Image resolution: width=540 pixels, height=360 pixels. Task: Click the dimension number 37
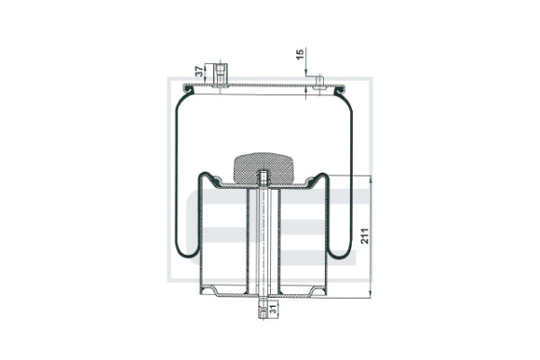point(199,71)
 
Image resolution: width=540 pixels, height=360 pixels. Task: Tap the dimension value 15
point(301,54)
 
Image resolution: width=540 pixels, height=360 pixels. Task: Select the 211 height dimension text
point(364,236)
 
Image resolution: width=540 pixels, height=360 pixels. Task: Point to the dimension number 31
point(273,309)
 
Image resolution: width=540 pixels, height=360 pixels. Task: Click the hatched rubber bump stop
point(264,168)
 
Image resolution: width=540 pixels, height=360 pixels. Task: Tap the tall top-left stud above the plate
point(220,74)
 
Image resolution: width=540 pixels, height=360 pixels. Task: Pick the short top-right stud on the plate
point(319,82)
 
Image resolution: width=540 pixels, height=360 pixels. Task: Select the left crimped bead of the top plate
point(188,90)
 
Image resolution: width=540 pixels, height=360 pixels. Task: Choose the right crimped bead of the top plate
point(339,90)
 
